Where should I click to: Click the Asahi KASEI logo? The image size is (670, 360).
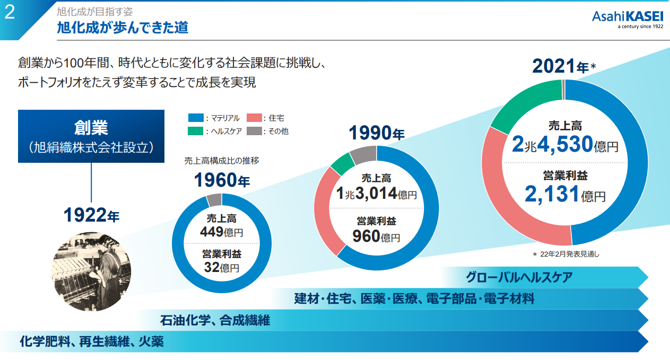point(628,20)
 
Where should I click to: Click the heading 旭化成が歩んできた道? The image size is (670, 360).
point(123,28)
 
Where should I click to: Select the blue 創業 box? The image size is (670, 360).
point(91,136)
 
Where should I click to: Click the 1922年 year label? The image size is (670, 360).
point(91,216)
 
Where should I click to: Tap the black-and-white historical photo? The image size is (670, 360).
point(91,271)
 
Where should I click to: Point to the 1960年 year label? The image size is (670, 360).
point(221,181)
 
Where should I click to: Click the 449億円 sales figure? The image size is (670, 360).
point(221,232)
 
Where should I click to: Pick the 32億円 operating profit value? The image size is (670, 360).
point(221,267)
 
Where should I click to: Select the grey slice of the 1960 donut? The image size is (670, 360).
point(214,200)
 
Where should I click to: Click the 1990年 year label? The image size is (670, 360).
point(376,133)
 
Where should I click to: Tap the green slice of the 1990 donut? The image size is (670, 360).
point(342,163)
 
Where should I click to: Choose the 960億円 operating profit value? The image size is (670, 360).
point(376,236)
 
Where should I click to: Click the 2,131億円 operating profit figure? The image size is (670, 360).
point(564,195)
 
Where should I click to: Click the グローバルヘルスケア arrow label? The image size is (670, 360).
point(519,277)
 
